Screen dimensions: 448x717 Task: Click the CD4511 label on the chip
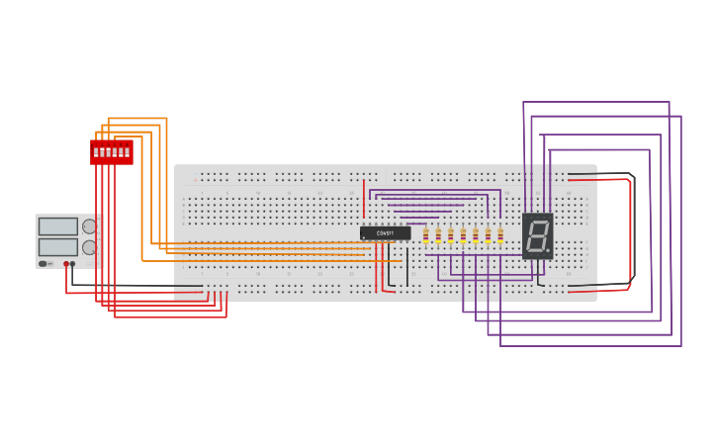385,233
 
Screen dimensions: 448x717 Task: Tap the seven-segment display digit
537,234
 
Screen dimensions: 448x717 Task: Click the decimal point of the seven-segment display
548,250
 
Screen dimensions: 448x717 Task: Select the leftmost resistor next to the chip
426,234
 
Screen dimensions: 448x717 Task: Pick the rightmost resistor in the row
500,234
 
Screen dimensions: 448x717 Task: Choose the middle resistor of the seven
463,234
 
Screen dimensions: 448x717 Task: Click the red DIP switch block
112,151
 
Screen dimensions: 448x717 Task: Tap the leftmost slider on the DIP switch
96,152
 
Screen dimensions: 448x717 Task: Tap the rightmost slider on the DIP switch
128,152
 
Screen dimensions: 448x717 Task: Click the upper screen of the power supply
57,226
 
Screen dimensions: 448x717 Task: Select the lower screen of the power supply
57,246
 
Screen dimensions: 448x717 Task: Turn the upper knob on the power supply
89,226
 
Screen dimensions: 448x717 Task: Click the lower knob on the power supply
89,247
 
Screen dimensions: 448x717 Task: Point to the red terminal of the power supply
66,264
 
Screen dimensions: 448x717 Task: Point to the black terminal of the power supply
72,264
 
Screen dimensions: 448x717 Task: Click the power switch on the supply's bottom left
44,264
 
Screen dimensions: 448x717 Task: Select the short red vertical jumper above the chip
364,198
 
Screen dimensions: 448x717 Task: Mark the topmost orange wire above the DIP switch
138,119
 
